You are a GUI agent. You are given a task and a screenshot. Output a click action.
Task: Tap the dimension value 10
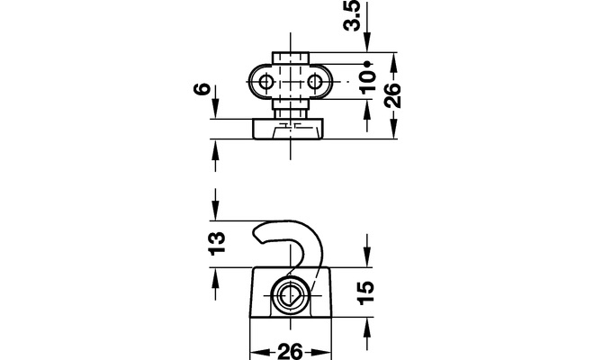(368, 82)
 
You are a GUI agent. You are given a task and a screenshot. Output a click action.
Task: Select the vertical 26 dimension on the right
(392, 95)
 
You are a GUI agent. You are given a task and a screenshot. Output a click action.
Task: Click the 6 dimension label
(202, 89)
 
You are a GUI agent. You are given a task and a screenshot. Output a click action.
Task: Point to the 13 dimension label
(218, 244)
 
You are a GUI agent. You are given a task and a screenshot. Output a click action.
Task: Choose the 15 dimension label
(366, 292)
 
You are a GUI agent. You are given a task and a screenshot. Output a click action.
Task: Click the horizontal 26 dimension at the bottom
(291, 351)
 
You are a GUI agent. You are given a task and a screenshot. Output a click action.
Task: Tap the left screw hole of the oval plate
(266, 82)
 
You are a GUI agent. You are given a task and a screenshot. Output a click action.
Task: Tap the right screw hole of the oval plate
(315, 82)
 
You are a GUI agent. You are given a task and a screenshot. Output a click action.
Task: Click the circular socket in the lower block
(291, 295)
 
